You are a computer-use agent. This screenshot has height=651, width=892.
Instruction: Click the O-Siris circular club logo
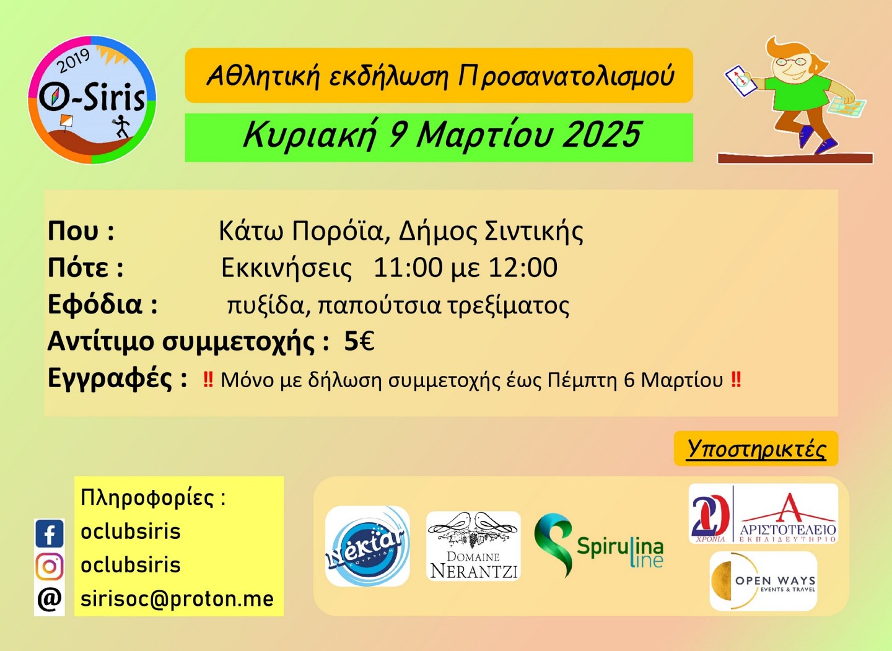point(92,100)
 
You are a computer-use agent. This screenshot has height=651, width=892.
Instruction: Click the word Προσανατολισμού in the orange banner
point(566,76)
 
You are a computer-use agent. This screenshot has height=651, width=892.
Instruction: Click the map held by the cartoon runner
point(849,108)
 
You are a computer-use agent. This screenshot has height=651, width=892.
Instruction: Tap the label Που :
point(81,231)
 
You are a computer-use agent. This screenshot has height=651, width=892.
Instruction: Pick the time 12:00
point(523,268)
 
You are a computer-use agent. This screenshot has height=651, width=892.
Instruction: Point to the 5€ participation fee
point(359,341)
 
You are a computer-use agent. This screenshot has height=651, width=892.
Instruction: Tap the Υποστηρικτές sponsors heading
point(756,448)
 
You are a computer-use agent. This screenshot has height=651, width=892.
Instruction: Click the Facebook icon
point(50,533)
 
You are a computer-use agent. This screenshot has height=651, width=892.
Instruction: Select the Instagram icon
point(50,566)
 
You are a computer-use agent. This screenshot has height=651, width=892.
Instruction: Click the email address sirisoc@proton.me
point(177,599)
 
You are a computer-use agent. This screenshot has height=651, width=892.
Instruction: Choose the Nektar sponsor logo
point(367,546)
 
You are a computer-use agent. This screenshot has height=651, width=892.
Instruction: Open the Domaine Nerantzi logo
point(473,546)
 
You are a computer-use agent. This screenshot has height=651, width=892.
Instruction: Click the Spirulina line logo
point(598,546)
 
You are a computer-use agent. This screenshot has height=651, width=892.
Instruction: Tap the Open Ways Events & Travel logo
point(763,582)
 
